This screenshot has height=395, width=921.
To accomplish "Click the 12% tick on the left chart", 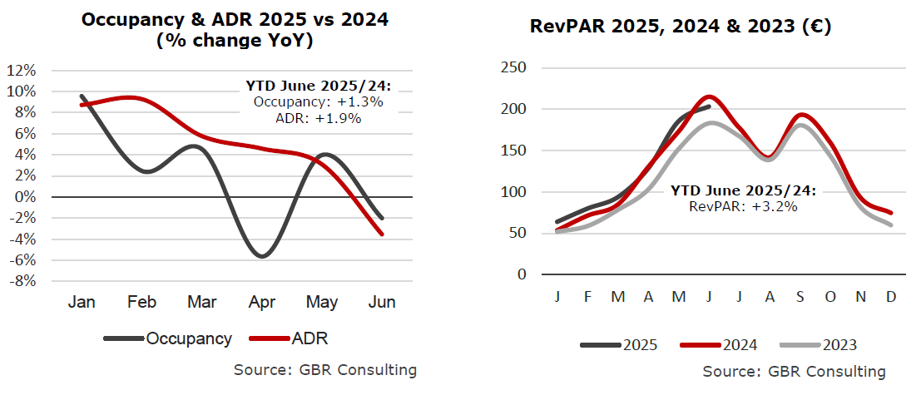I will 22,70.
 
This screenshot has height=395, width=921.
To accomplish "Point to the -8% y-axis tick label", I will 22,281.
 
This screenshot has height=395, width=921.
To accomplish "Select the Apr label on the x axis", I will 263,302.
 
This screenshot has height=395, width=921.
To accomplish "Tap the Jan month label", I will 82,302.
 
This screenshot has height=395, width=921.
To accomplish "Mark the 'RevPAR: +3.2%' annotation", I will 744,206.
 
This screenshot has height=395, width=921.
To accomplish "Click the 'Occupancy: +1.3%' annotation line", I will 318,102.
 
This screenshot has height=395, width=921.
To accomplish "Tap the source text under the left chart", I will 325,370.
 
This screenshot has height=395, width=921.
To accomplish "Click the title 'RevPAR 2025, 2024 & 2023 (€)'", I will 681,27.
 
